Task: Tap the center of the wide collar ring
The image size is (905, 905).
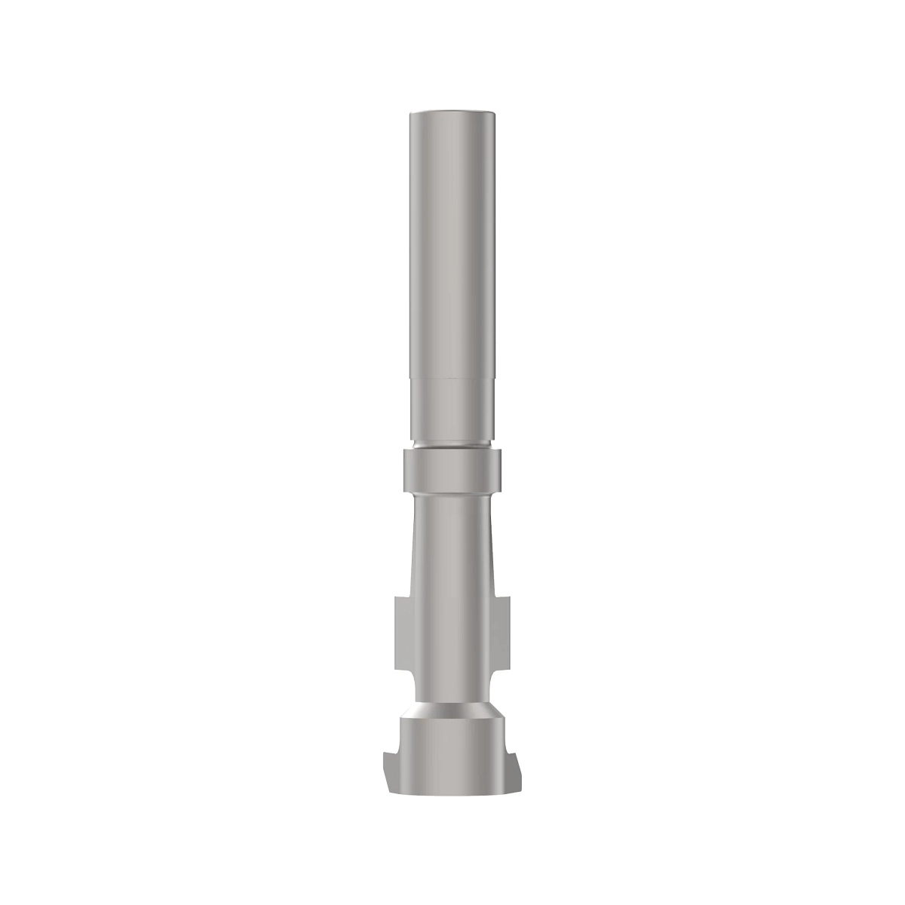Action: (452, 469)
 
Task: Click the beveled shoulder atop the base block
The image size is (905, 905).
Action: (452, 713)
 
